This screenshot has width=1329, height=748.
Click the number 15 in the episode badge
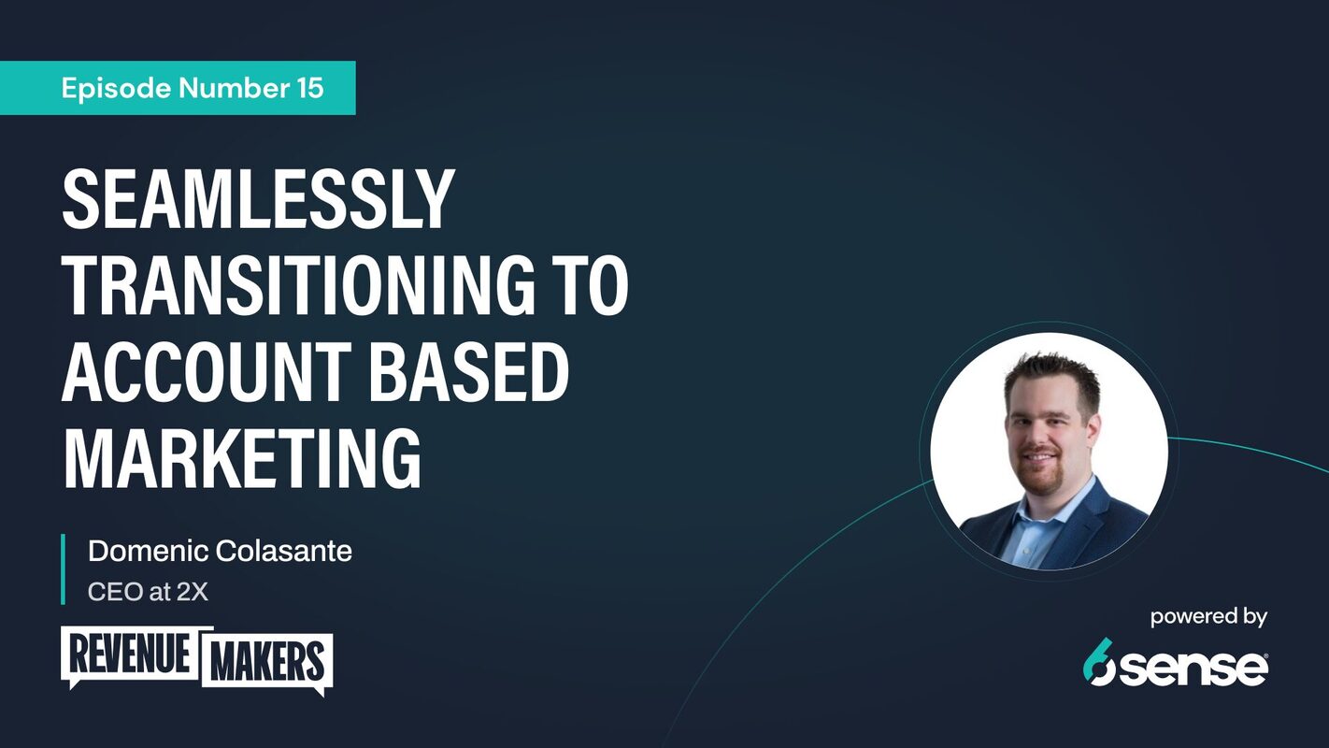pyautogui.click(x=307, y=88)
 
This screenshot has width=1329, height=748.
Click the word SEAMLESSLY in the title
pyautogui.click(x=258, y=200)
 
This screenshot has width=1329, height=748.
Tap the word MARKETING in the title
pyautogui.click(x=241, y=458)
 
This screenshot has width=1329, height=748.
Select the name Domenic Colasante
pyautogui.click(x=220, y=552)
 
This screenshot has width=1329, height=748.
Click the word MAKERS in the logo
pyautogui.click(x=267, y=662)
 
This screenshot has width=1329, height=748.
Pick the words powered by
pyautogui.click(x=1208, y=617)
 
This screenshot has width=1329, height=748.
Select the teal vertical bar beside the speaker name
pyautogui.click(x=63, y=569)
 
